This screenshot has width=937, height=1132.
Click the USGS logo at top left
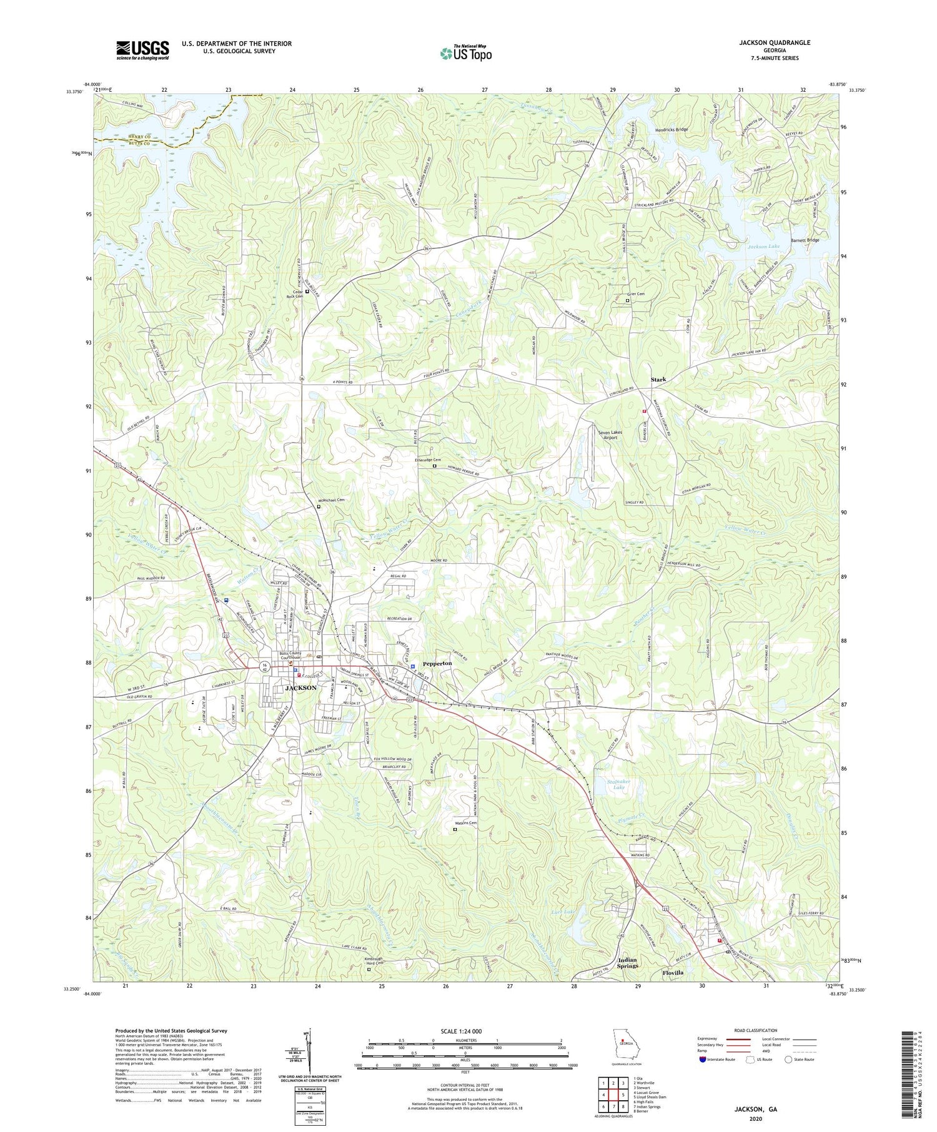pos(142,50)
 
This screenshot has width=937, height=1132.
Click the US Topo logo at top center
pos(465,54)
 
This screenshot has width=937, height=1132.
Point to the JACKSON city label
pos(300,687)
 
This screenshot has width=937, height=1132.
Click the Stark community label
pos(658,379)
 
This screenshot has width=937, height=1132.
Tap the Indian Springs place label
pos(628,962)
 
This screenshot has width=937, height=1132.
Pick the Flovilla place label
pos(673,973)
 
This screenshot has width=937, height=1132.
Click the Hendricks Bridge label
pos(671,130)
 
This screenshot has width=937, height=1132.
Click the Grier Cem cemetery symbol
pos(628,300)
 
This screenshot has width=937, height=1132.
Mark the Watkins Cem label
pos(465,823)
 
